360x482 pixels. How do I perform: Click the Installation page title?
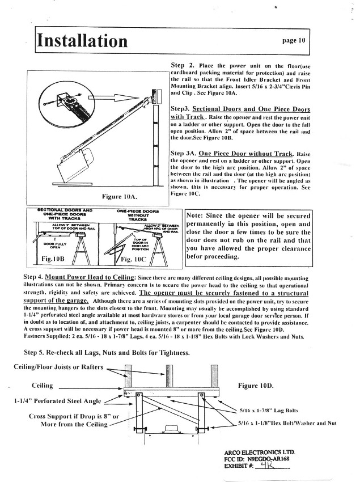coord(83,41)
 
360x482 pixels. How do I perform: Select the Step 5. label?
coord(35,353)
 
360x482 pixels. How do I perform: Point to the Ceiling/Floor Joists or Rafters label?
coord(58,367)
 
